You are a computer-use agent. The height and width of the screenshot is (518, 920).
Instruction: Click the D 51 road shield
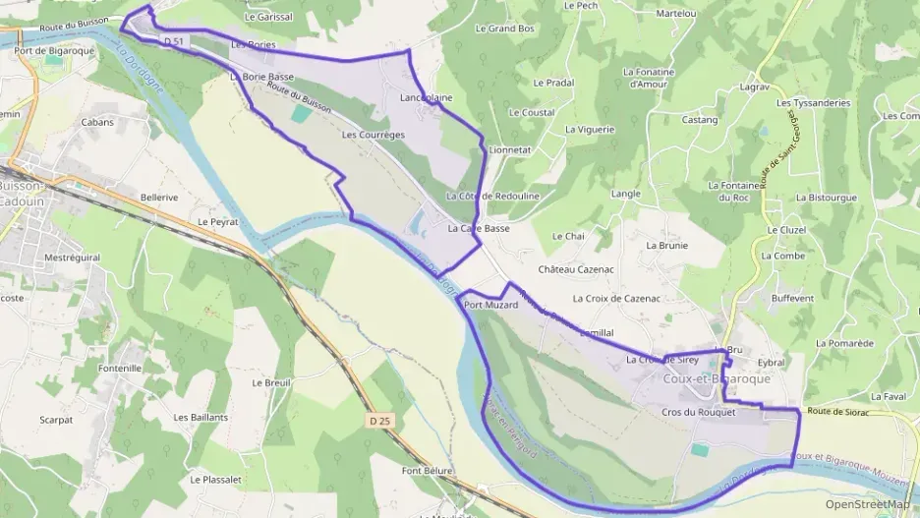tap(173, 40)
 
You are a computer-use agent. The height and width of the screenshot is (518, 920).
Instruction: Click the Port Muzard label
tap(489, 306)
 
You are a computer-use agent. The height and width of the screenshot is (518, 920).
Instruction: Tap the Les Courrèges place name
tap(374, 134)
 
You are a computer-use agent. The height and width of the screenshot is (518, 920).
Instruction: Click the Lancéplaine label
tap(427, 98)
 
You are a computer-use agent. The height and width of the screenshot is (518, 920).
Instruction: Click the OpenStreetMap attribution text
tap(867, 504)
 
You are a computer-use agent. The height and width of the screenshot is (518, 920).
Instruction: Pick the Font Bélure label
tap(428, 471)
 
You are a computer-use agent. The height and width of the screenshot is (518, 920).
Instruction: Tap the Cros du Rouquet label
tap(699, 413)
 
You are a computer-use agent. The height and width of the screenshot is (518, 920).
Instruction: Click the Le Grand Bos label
tap(504, 29)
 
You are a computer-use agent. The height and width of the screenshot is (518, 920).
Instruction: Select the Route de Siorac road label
tap(837, 412)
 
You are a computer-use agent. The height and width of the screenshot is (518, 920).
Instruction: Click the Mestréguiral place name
tap(73, 258)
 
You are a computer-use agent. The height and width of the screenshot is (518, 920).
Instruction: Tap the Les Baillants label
tap(201, 417)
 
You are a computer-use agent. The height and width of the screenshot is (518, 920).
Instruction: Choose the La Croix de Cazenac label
tap(615, 297)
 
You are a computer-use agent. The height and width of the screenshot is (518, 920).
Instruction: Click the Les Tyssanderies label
tap(813, 102)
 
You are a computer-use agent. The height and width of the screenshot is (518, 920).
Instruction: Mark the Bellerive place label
tap(159, 197)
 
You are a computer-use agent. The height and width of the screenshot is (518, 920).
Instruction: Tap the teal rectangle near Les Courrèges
tap(298, 113)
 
